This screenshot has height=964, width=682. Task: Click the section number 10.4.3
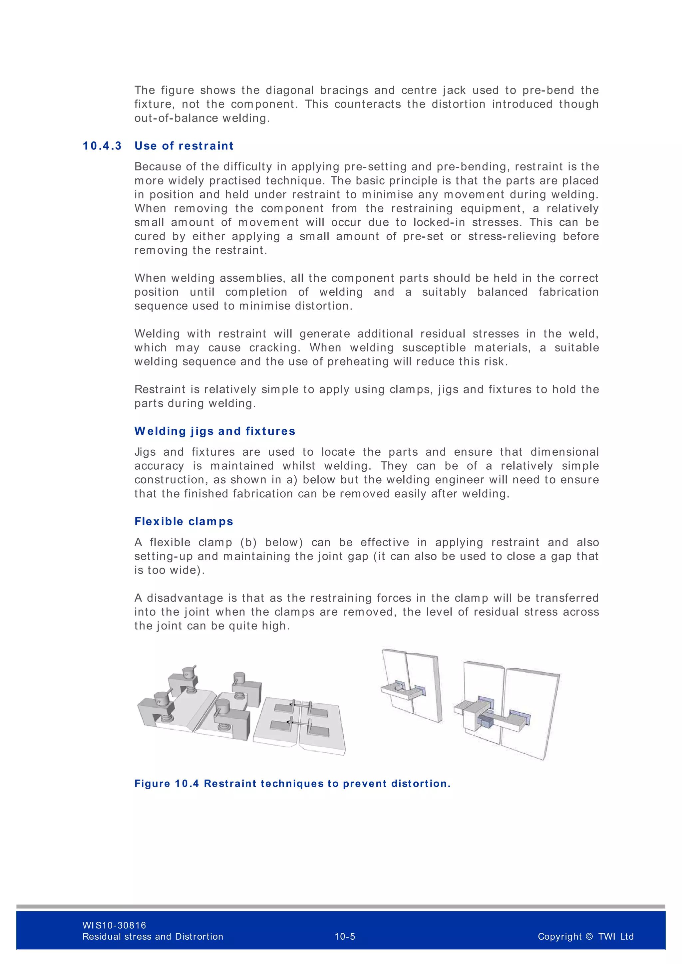(x=102, y=146)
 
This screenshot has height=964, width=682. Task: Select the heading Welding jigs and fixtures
(x=214, y=431)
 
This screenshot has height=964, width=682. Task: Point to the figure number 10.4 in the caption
(x=187, y=784)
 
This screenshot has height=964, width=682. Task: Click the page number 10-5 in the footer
(x=345, y=936)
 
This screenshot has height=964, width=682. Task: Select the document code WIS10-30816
(x=114, y=925)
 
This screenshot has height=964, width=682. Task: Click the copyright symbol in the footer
(x=589, y=936)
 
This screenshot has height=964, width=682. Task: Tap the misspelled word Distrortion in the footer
(x=199, y=936)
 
